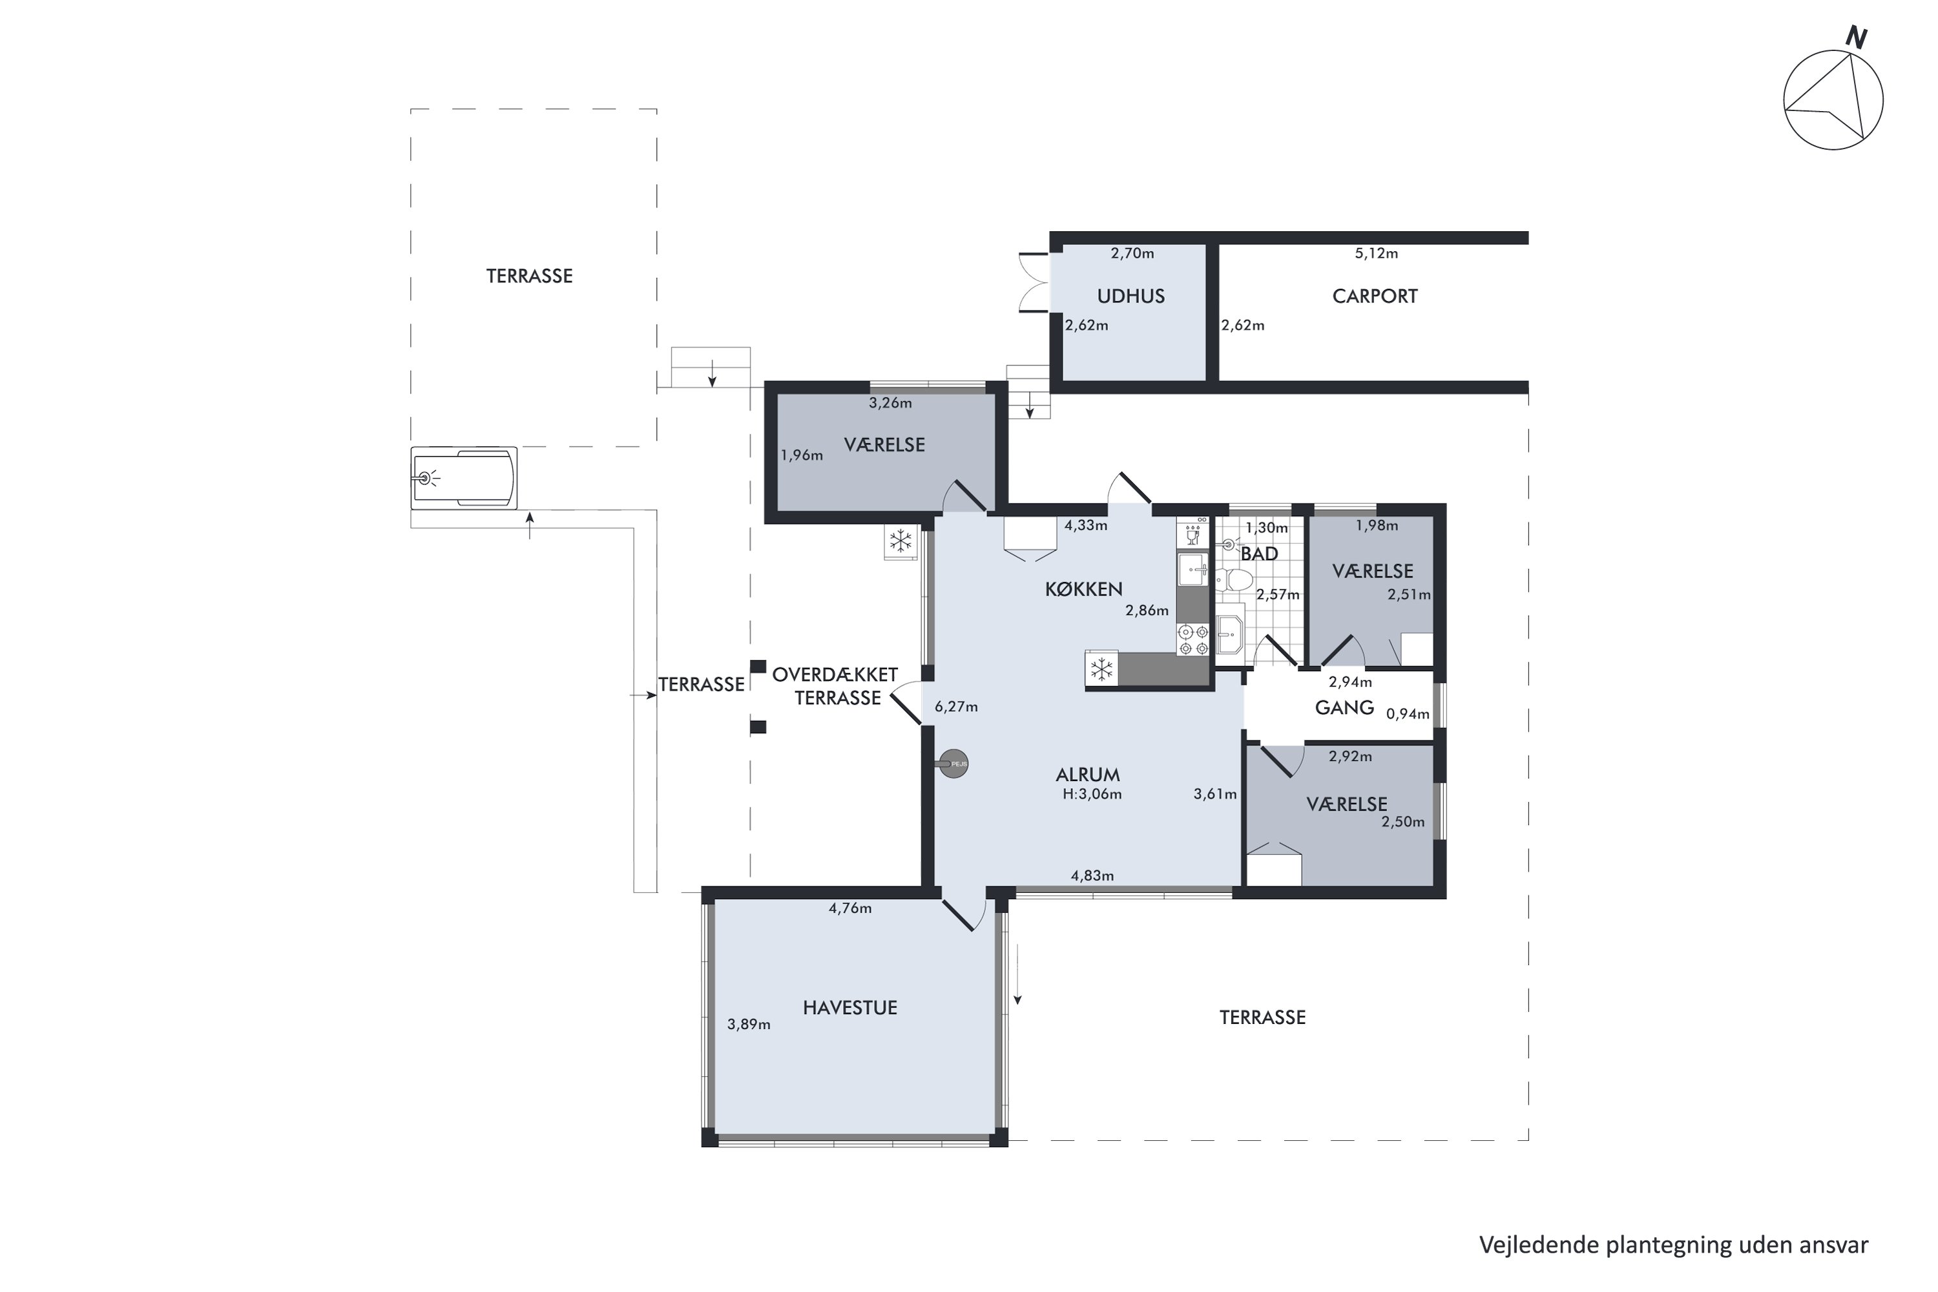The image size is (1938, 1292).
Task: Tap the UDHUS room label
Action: click(1130, 297)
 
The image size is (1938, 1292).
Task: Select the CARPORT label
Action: click(1375, 297)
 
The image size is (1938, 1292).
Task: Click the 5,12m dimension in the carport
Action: click(1376, 254)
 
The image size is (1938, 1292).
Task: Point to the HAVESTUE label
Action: click(849, 1008)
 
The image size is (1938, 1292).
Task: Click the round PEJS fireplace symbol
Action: click(954, 764)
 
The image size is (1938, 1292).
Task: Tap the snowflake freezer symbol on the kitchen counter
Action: click(1101, 670)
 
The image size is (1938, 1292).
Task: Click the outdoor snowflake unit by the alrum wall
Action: click(901, 542)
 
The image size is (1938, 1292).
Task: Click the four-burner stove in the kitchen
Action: click(1193, 640)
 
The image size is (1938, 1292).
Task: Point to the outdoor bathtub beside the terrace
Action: click(464, 477)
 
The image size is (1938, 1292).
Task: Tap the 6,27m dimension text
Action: click(956, 707)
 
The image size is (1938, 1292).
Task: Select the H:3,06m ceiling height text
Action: click(1092, 795)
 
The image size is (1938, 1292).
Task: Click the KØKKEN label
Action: click(1083, 589)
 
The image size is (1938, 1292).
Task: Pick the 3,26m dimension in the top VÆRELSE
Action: click(890, 404)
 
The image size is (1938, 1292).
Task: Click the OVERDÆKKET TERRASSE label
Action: click(835, 686)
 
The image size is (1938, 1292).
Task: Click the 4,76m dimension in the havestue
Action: click(849, 909)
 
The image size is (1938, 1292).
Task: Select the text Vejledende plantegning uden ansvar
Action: click(1672, 1245)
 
